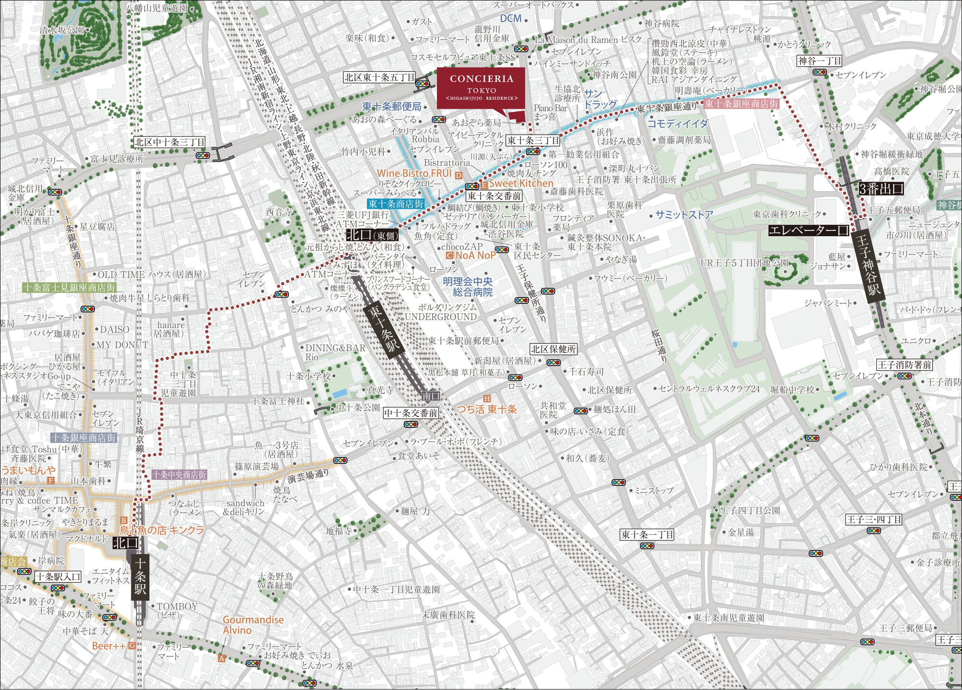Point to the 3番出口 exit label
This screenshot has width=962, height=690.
(881, 189)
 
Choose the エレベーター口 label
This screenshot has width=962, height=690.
(809, 230)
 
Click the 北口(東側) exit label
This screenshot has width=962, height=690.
(372, 235)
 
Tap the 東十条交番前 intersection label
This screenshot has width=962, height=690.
(494, 195)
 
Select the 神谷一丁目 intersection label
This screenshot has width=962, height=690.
(819, 61)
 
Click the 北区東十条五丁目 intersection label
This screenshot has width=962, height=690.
(379, 77)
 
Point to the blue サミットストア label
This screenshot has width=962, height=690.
(684, 215)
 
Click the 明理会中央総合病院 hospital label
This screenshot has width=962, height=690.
(467, 287)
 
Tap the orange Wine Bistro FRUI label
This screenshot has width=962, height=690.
(414, 173)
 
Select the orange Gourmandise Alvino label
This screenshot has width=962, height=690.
(252, 625)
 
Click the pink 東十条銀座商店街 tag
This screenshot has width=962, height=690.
(741, 103)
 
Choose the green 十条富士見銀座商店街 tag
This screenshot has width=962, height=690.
(69, 287)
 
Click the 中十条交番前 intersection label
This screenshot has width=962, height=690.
(411, 413)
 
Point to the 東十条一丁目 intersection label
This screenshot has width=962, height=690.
(647, 534)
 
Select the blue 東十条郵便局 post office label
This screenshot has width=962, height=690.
(391, 106)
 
